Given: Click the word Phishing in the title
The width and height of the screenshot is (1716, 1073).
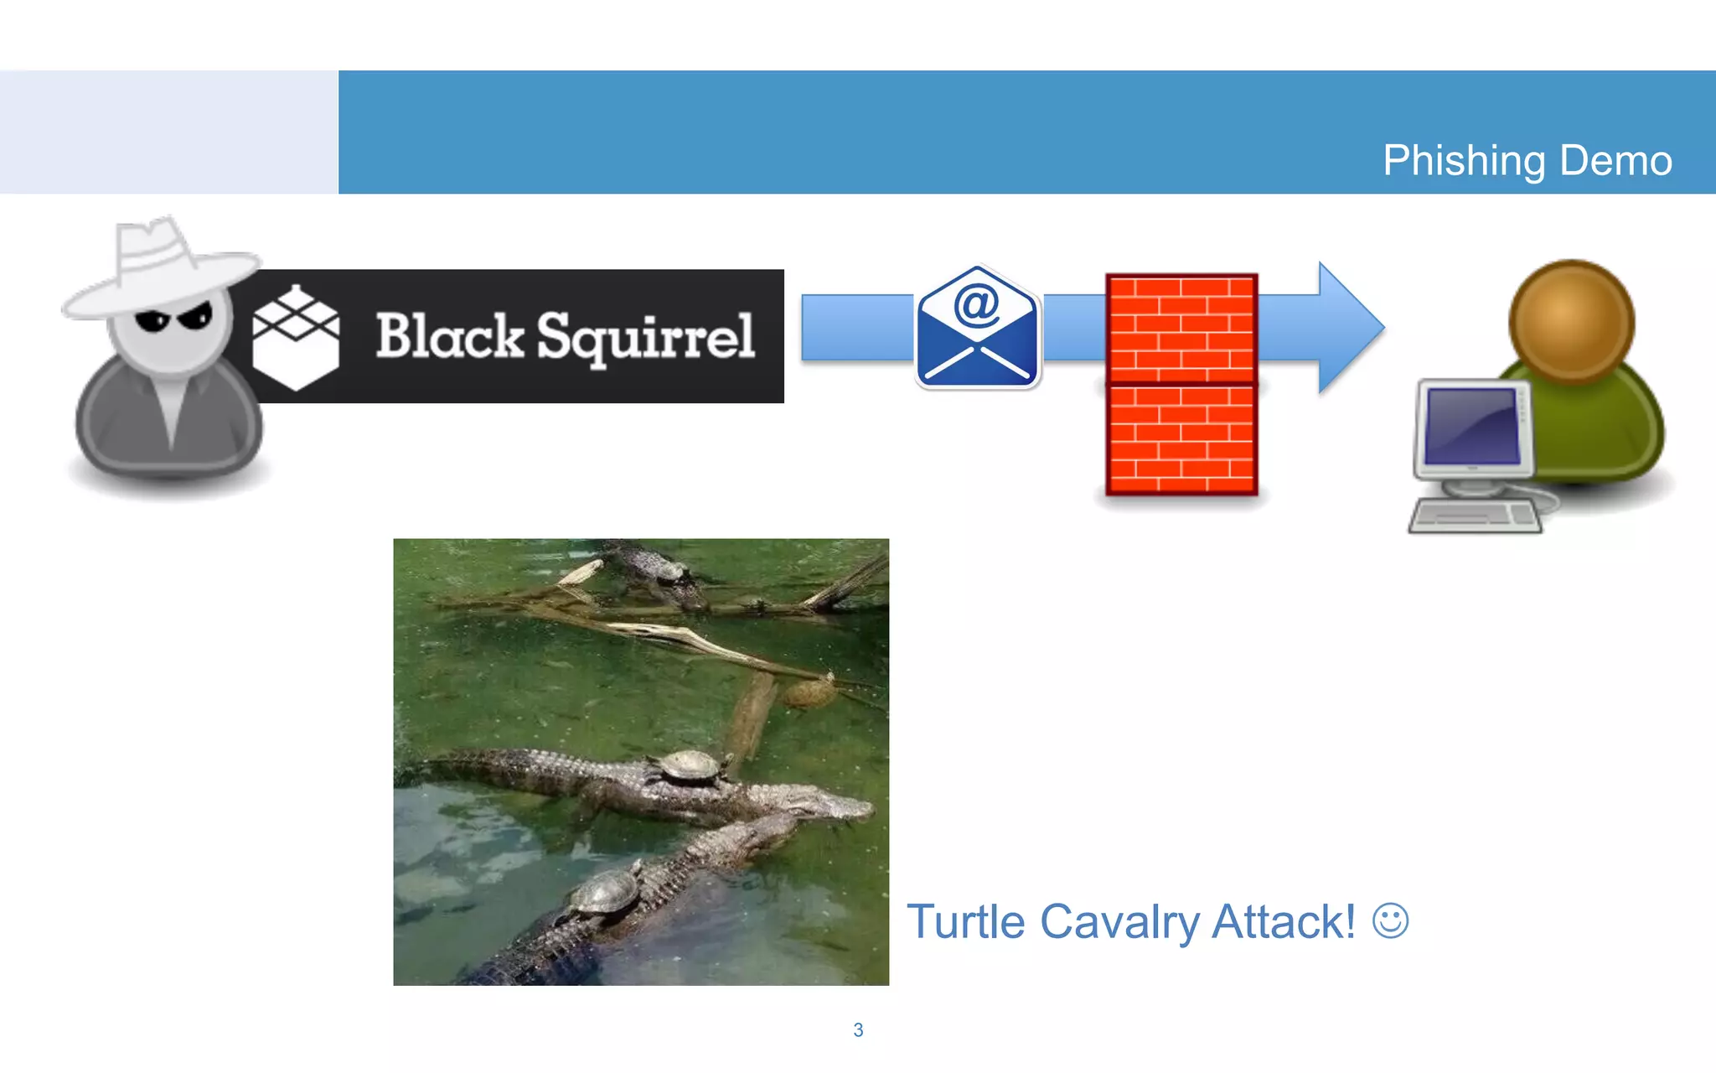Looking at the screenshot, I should (1463, 160).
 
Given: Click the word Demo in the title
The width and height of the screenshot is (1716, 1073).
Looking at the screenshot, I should (1615, 160).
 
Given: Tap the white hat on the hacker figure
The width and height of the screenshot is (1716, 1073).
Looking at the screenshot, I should (159, 264).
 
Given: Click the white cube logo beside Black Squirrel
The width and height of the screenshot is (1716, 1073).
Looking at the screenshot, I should (296, 338).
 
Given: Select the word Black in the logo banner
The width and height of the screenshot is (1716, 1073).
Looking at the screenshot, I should (449, 336).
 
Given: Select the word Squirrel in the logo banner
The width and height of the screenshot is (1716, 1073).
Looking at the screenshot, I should (645, 338).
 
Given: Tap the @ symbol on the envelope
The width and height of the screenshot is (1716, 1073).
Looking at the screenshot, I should (976, 304).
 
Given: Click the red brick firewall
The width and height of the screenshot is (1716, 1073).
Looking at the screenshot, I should (1181, 384).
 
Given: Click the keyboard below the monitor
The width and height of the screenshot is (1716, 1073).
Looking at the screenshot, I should (1475, 516).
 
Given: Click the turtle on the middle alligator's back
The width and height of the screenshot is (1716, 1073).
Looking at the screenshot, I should (689, 767).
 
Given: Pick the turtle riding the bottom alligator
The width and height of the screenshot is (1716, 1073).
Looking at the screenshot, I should (605, 895).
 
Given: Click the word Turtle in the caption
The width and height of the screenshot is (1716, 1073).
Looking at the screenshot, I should (965, 922).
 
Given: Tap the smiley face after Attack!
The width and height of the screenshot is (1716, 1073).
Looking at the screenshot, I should (1390, 920).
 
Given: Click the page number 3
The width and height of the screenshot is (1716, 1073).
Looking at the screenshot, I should (858, 1030).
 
